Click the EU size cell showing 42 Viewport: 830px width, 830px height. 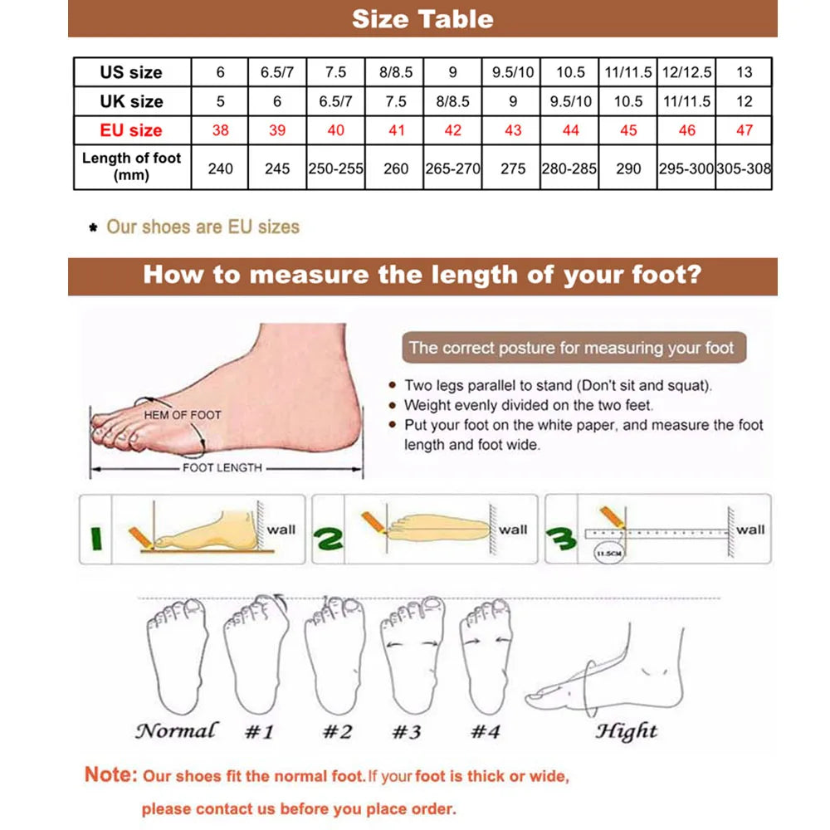(x=452, y=130)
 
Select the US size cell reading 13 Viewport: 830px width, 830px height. (x=744, y=72)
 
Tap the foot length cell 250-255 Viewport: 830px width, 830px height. (x=335, y=168)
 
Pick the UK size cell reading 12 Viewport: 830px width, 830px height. (x=744, y=101)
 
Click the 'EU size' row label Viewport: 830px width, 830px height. (x=131, y=130)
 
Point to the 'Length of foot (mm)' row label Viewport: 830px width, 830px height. (x=131, y=167)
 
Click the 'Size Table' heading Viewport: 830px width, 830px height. (x=422, y=19)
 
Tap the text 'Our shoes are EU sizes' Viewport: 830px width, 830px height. (x=203, y=227)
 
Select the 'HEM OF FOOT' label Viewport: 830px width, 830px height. (x=183, y=414)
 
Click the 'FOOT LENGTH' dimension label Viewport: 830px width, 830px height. (x=222, y=468)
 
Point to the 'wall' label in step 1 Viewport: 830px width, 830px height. (x=281, y=529)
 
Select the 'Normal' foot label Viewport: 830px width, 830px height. (x=176, y=731)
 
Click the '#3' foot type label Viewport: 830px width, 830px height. (x=407, y=732)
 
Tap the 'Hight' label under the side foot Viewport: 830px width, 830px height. (x=626, y=731)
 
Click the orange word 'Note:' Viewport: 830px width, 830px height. (x=110, y=775)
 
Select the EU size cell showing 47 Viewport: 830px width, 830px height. (x=744, y=130)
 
